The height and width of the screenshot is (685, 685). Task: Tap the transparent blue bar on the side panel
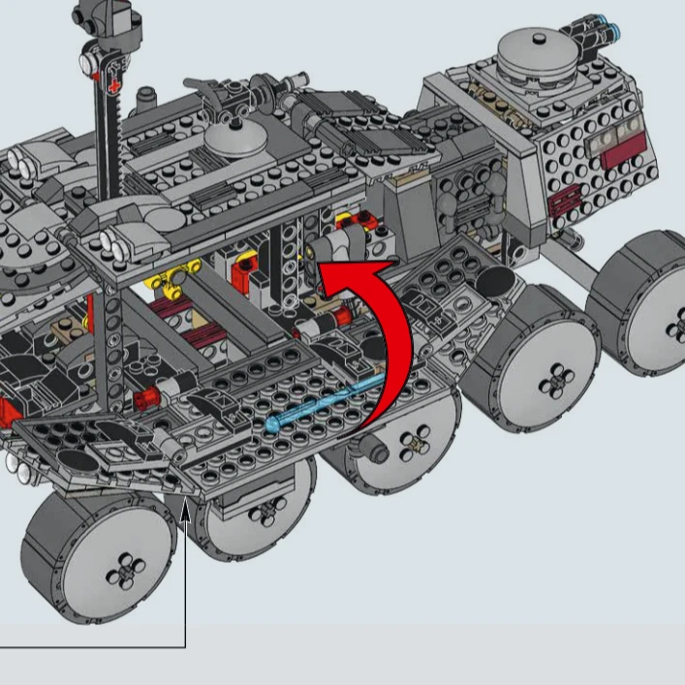(325, 405)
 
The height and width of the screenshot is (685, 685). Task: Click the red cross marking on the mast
(116, 87)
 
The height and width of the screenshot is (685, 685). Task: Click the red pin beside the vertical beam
(147, 397)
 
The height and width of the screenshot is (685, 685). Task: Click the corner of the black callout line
(184, 645)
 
